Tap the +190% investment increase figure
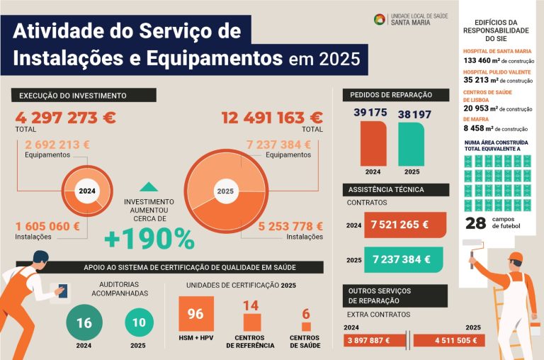(x=149, y=240)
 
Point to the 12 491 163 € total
(x=272, y=118)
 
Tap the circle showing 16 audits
(x=84, y=323)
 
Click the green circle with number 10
(x=140, y=323)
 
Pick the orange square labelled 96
(x=196, y=315)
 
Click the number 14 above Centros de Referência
(x=251, y=305)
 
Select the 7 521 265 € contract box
(x=404, y=225)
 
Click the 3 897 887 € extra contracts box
(x=375, y=340)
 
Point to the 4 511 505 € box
(x=448, y=340)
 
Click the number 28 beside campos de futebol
(x=475, y=224)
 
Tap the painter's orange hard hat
(x=516, y=257)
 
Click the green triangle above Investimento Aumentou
(x=149, y=187)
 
